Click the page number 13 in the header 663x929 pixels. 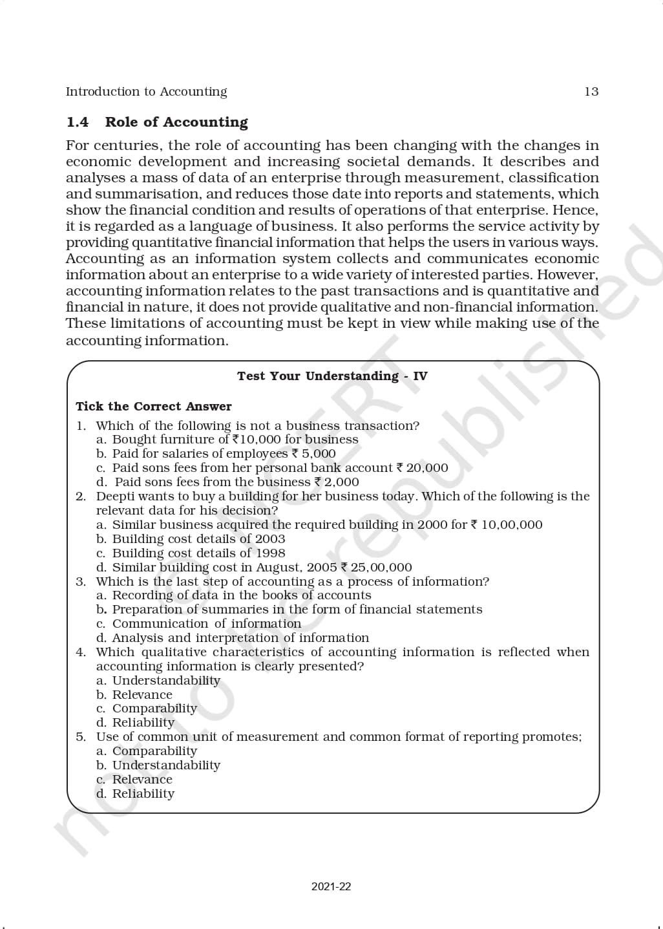pos(591,92)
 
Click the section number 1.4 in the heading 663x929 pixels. pos(78,122)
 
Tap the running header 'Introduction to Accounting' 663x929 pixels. pos(146,92)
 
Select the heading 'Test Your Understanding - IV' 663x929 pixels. pos(332,376)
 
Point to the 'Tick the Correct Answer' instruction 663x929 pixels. pos(153,407)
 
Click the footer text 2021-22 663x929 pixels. pos(331,887)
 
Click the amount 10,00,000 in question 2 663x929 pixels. pos(512,525)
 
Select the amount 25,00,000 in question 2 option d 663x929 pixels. pos(381,568)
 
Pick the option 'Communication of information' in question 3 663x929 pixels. pos(206,624)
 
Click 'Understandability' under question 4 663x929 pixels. pos(166,681)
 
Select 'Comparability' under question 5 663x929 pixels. pos(154,751)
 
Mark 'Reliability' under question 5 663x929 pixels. pos(143,794)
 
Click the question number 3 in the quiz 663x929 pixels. pos(80,582)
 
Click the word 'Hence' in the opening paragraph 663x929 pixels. pos(575,210)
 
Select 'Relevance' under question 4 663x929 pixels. pos(142,695)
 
